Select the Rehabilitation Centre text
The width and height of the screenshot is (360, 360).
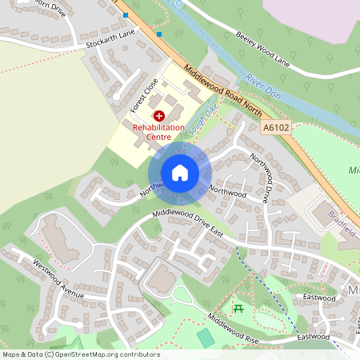coord(158,132)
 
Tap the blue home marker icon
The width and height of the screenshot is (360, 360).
coord(179,173)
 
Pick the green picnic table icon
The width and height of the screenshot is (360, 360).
coord(237,307)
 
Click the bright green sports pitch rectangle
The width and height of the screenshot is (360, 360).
coord(206,338)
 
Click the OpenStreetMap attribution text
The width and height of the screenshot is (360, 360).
coord(81,354)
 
